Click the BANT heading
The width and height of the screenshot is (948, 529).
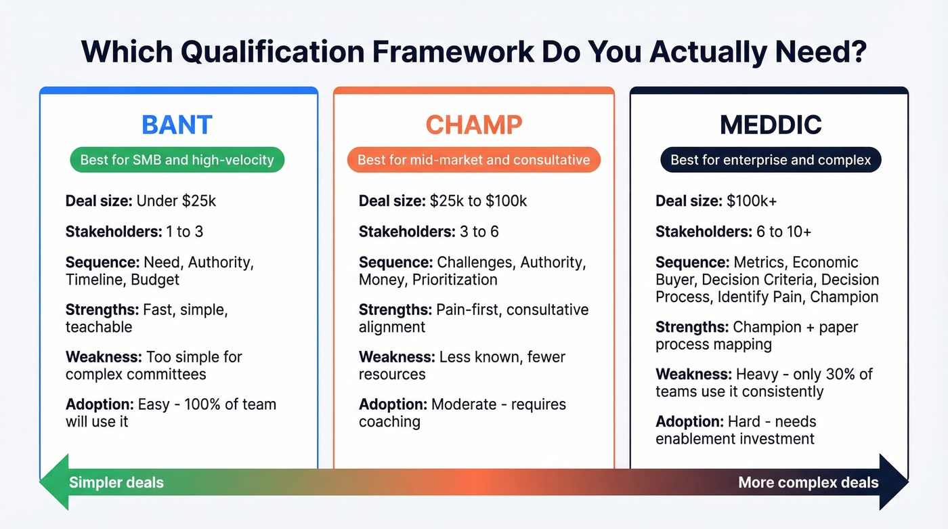click(177, 125)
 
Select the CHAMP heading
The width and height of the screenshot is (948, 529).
click(473, 125)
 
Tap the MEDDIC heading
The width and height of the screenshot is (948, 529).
click(770, 125)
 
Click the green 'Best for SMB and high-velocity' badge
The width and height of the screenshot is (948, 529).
click(177, 161)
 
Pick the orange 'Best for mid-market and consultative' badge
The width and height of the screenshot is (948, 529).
click(473, 161)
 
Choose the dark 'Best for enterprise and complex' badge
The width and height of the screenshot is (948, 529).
click(770, 161)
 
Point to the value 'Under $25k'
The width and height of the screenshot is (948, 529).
click(176, 201)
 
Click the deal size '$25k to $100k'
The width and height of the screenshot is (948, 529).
click(478, 201)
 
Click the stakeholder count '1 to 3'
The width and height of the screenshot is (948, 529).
click(184, 232)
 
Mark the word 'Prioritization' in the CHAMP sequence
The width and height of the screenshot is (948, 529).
click(454, 280)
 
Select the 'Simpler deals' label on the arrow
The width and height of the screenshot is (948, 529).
click(116, 483)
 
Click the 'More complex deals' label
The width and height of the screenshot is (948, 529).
click(808, 483)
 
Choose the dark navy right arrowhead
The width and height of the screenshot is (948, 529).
click(893, 482)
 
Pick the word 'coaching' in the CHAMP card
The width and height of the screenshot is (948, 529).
click(389, 422)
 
